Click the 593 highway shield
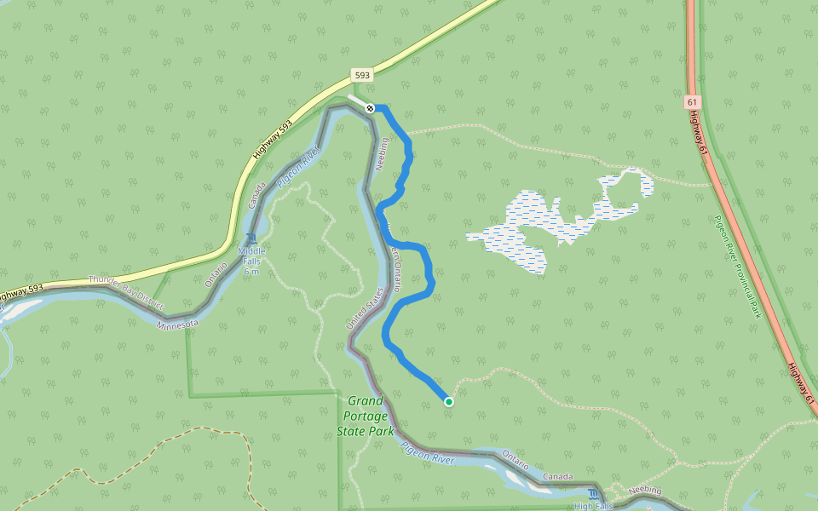[x=362, y=76]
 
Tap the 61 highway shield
[x=691, y=102]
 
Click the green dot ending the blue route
[x=448, y=401]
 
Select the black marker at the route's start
[x=371, y=108]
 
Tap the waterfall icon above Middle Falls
[x=251, y=239]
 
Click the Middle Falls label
[x=251, y=251]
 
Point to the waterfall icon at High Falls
[x=594, y=494]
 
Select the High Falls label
[x=593, y=506]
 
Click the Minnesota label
[x=178, y=324]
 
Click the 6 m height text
[x=251, y=261]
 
